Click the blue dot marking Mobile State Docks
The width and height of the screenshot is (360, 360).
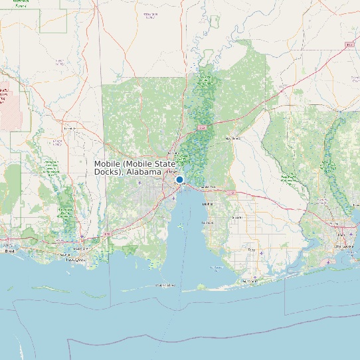click(179, 180)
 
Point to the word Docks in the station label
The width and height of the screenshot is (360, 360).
click(108, 172)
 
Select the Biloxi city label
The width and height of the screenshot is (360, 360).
click(9, 251)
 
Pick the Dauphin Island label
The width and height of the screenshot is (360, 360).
click(165, 285)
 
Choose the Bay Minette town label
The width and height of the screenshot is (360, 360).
click(232, 138)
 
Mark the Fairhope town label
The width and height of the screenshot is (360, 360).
click(210, 223)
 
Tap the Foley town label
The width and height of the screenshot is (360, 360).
click(251, 249)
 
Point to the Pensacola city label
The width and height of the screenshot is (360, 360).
click(345, 246)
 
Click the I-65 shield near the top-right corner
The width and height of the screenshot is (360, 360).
click(349, 45)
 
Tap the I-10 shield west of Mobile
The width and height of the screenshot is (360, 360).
click(108, 234)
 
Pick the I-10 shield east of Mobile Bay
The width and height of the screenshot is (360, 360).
click(232, 193)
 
